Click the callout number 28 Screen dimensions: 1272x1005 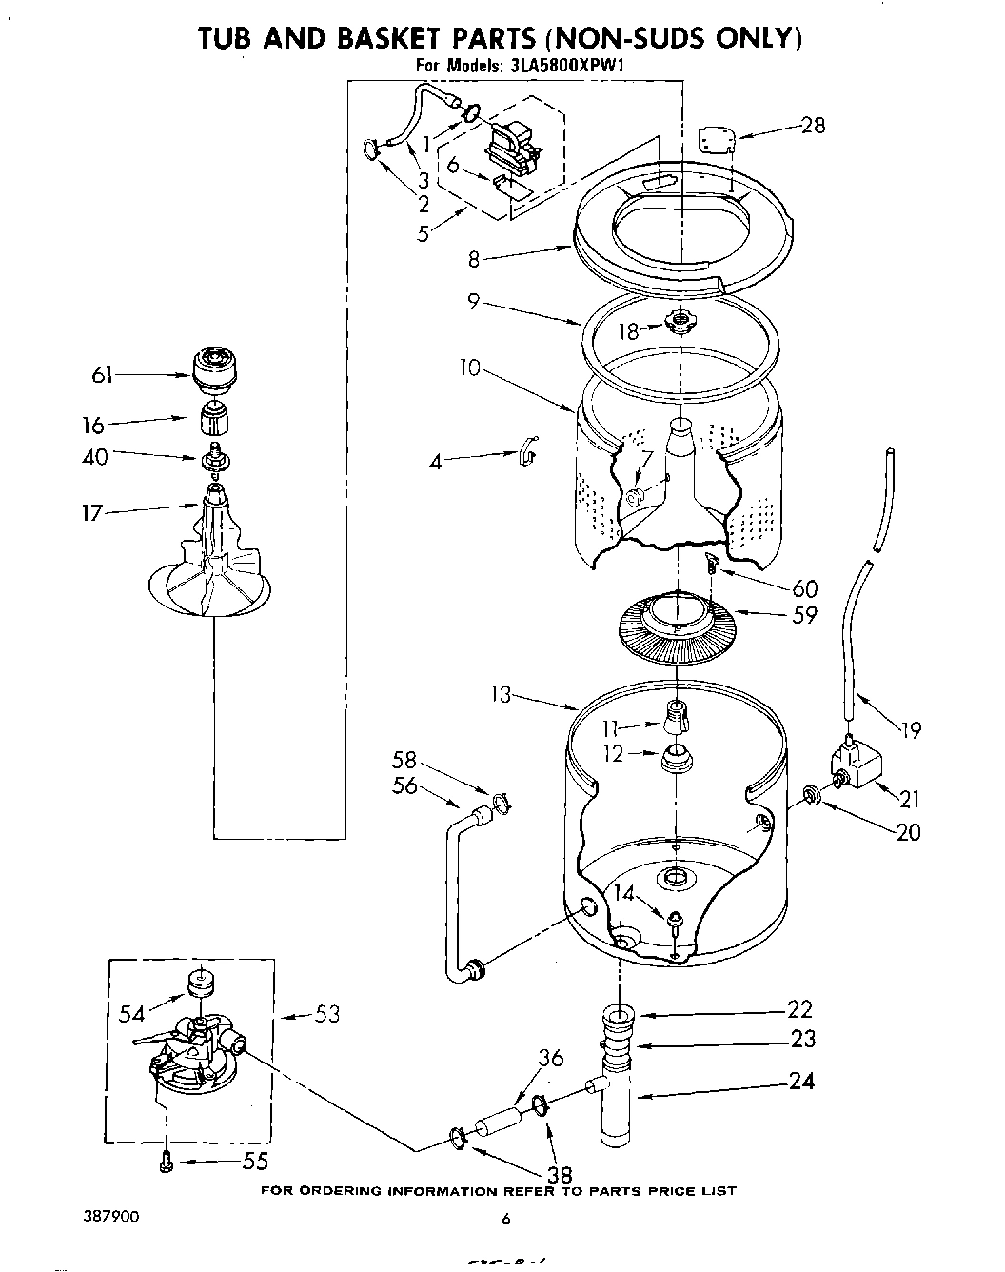click(813, 125)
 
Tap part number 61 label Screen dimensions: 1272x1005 click(102, 375)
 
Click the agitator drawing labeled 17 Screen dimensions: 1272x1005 click(211, 562)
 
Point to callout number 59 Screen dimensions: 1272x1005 click(804, 615)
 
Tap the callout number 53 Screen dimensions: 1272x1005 click(326, 1015)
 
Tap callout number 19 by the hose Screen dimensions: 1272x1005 click(910, 730)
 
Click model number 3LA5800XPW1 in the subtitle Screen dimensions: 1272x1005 click(565, 67)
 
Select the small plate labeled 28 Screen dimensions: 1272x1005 click(716, 139)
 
